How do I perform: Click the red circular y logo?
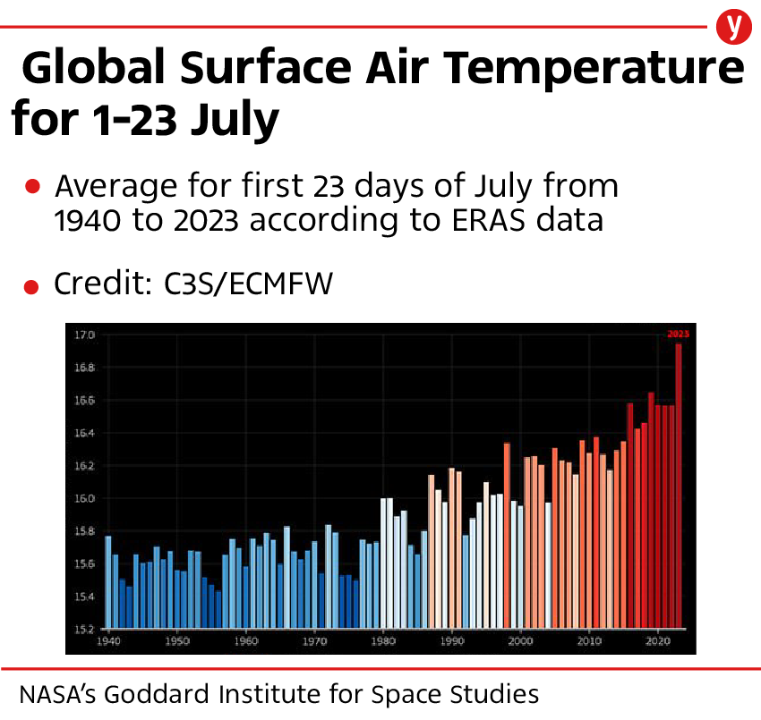[x=734, y=27]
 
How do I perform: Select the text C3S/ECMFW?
[x=248, y=284]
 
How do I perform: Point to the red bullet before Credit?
[x=32, y=286]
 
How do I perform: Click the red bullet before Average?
[x=32, y=187]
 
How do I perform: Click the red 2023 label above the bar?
[x=678, y=335]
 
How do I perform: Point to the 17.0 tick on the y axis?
[x=84, y=335]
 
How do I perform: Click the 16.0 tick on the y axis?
[x=84, y=498]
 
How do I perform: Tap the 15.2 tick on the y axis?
[x=84, y=629]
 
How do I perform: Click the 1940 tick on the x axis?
[x=108, y=641]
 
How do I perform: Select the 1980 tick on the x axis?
[x=383, y=641]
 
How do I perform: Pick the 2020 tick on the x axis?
[x=658, y=641]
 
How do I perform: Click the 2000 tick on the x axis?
[x=521, y=641]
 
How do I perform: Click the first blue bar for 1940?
[x=108, y=581]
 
